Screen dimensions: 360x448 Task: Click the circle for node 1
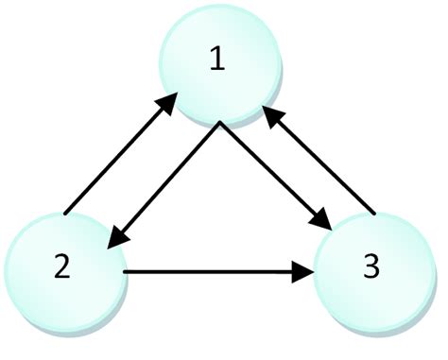[219, 66]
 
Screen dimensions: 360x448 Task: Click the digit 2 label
[61, 267]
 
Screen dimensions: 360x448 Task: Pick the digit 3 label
[370, 267]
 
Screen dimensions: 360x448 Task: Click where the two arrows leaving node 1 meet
[219, 124]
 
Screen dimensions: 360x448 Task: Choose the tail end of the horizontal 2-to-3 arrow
[126, 274]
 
